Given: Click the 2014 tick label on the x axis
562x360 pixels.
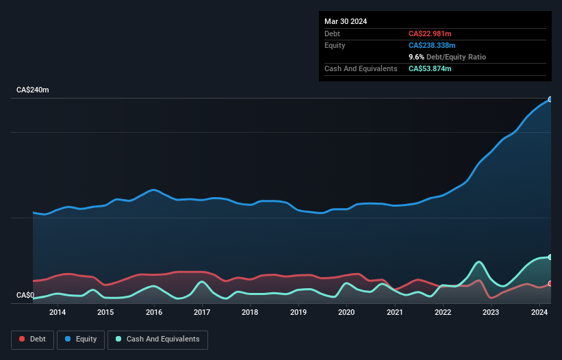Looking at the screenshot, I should click(x=58, y=313).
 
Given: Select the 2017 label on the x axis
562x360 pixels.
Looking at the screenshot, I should click(x=202, y=313).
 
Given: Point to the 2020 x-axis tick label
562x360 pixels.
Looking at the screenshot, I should click(x=346, y=313).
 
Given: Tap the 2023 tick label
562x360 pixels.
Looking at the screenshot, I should click(x=491, y=313).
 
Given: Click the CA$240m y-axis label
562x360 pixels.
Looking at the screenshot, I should click(x=33, y=90).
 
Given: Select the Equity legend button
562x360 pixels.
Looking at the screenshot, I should click(x=81, y=339).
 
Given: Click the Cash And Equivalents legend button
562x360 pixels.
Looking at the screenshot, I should click(x=157, y=339).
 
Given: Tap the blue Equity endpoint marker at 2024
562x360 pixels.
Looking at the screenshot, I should click(x=550, y=99).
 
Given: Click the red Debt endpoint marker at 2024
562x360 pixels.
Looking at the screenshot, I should click(x=550, y=283).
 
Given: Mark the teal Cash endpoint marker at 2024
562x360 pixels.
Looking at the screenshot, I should click(x=550, y=257).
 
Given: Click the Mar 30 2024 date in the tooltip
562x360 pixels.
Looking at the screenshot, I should click(x=346, y=21).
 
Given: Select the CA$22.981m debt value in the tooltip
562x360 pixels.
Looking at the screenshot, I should click(x=430, y=34).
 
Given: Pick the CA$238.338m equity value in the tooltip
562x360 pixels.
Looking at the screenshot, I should click(x=432, y=45).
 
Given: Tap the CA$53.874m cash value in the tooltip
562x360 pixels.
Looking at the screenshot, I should click(x=430, y=68).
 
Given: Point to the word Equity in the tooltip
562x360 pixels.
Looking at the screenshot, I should click(x=335, y=45).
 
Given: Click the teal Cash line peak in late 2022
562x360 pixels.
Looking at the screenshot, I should click(x=479, y=261).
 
